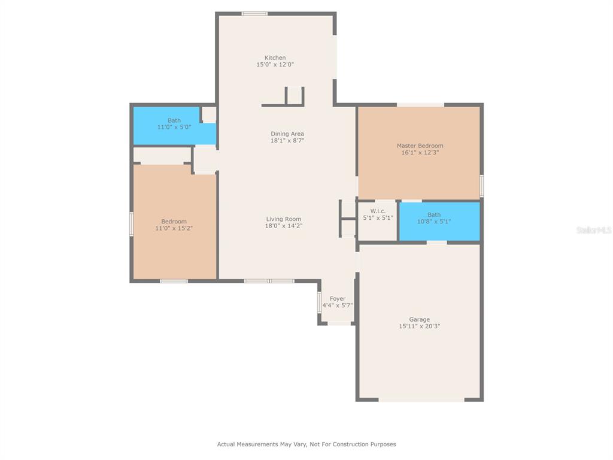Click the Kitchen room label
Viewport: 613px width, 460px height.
tap(275, 58)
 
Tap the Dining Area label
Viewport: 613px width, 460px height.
tap(287, 134)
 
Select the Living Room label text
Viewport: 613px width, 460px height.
tap(283, 219)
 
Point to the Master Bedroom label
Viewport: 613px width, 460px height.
tap(420, 146)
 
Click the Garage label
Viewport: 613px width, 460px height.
tap(419, 320)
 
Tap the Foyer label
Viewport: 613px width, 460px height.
tap(338, 299)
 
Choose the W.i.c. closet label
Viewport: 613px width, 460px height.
tap(378, 211)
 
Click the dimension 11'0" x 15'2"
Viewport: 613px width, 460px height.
tap(174, 228)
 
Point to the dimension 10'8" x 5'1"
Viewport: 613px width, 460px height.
tap(434, 222)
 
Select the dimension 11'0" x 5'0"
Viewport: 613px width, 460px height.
tap(174, 127)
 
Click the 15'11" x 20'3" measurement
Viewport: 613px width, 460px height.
tap(419, 326)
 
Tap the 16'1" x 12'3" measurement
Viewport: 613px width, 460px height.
tap(420, 153)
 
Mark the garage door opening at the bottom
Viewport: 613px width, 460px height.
tap(421, 400)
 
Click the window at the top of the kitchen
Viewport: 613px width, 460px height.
tap(254, 14)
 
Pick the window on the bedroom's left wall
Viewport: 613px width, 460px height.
tap(132, 224)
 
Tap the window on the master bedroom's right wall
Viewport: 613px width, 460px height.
tap(482, 186)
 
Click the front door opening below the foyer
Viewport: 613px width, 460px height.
tap(339, 323)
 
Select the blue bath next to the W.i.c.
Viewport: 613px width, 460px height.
tap(439, 221)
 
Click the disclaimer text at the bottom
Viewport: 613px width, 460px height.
tap(306, 444)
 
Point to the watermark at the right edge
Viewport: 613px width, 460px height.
tap(594, 230)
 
